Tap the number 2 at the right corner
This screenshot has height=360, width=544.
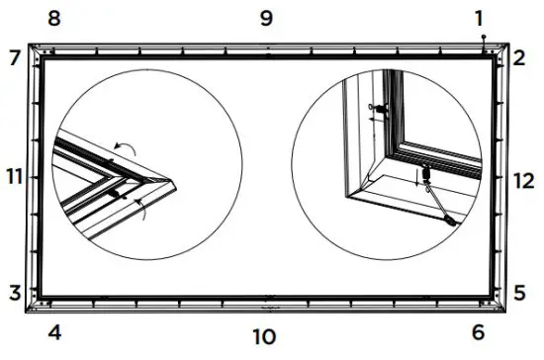tap(518, 57)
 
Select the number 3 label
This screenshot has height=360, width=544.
tap(14, 293)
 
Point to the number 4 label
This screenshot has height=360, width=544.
tap(54, 332)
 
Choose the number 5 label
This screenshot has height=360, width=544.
tap(519, 293)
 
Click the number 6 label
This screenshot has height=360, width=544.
tap(478, 332)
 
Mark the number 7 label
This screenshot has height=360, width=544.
tap(14, 57)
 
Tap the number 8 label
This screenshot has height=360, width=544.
tap(54, 18)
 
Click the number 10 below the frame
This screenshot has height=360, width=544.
tap(263, 337)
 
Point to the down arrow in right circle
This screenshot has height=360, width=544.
tap(416, 178)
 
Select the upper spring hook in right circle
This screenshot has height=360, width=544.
tap(380, 108)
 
